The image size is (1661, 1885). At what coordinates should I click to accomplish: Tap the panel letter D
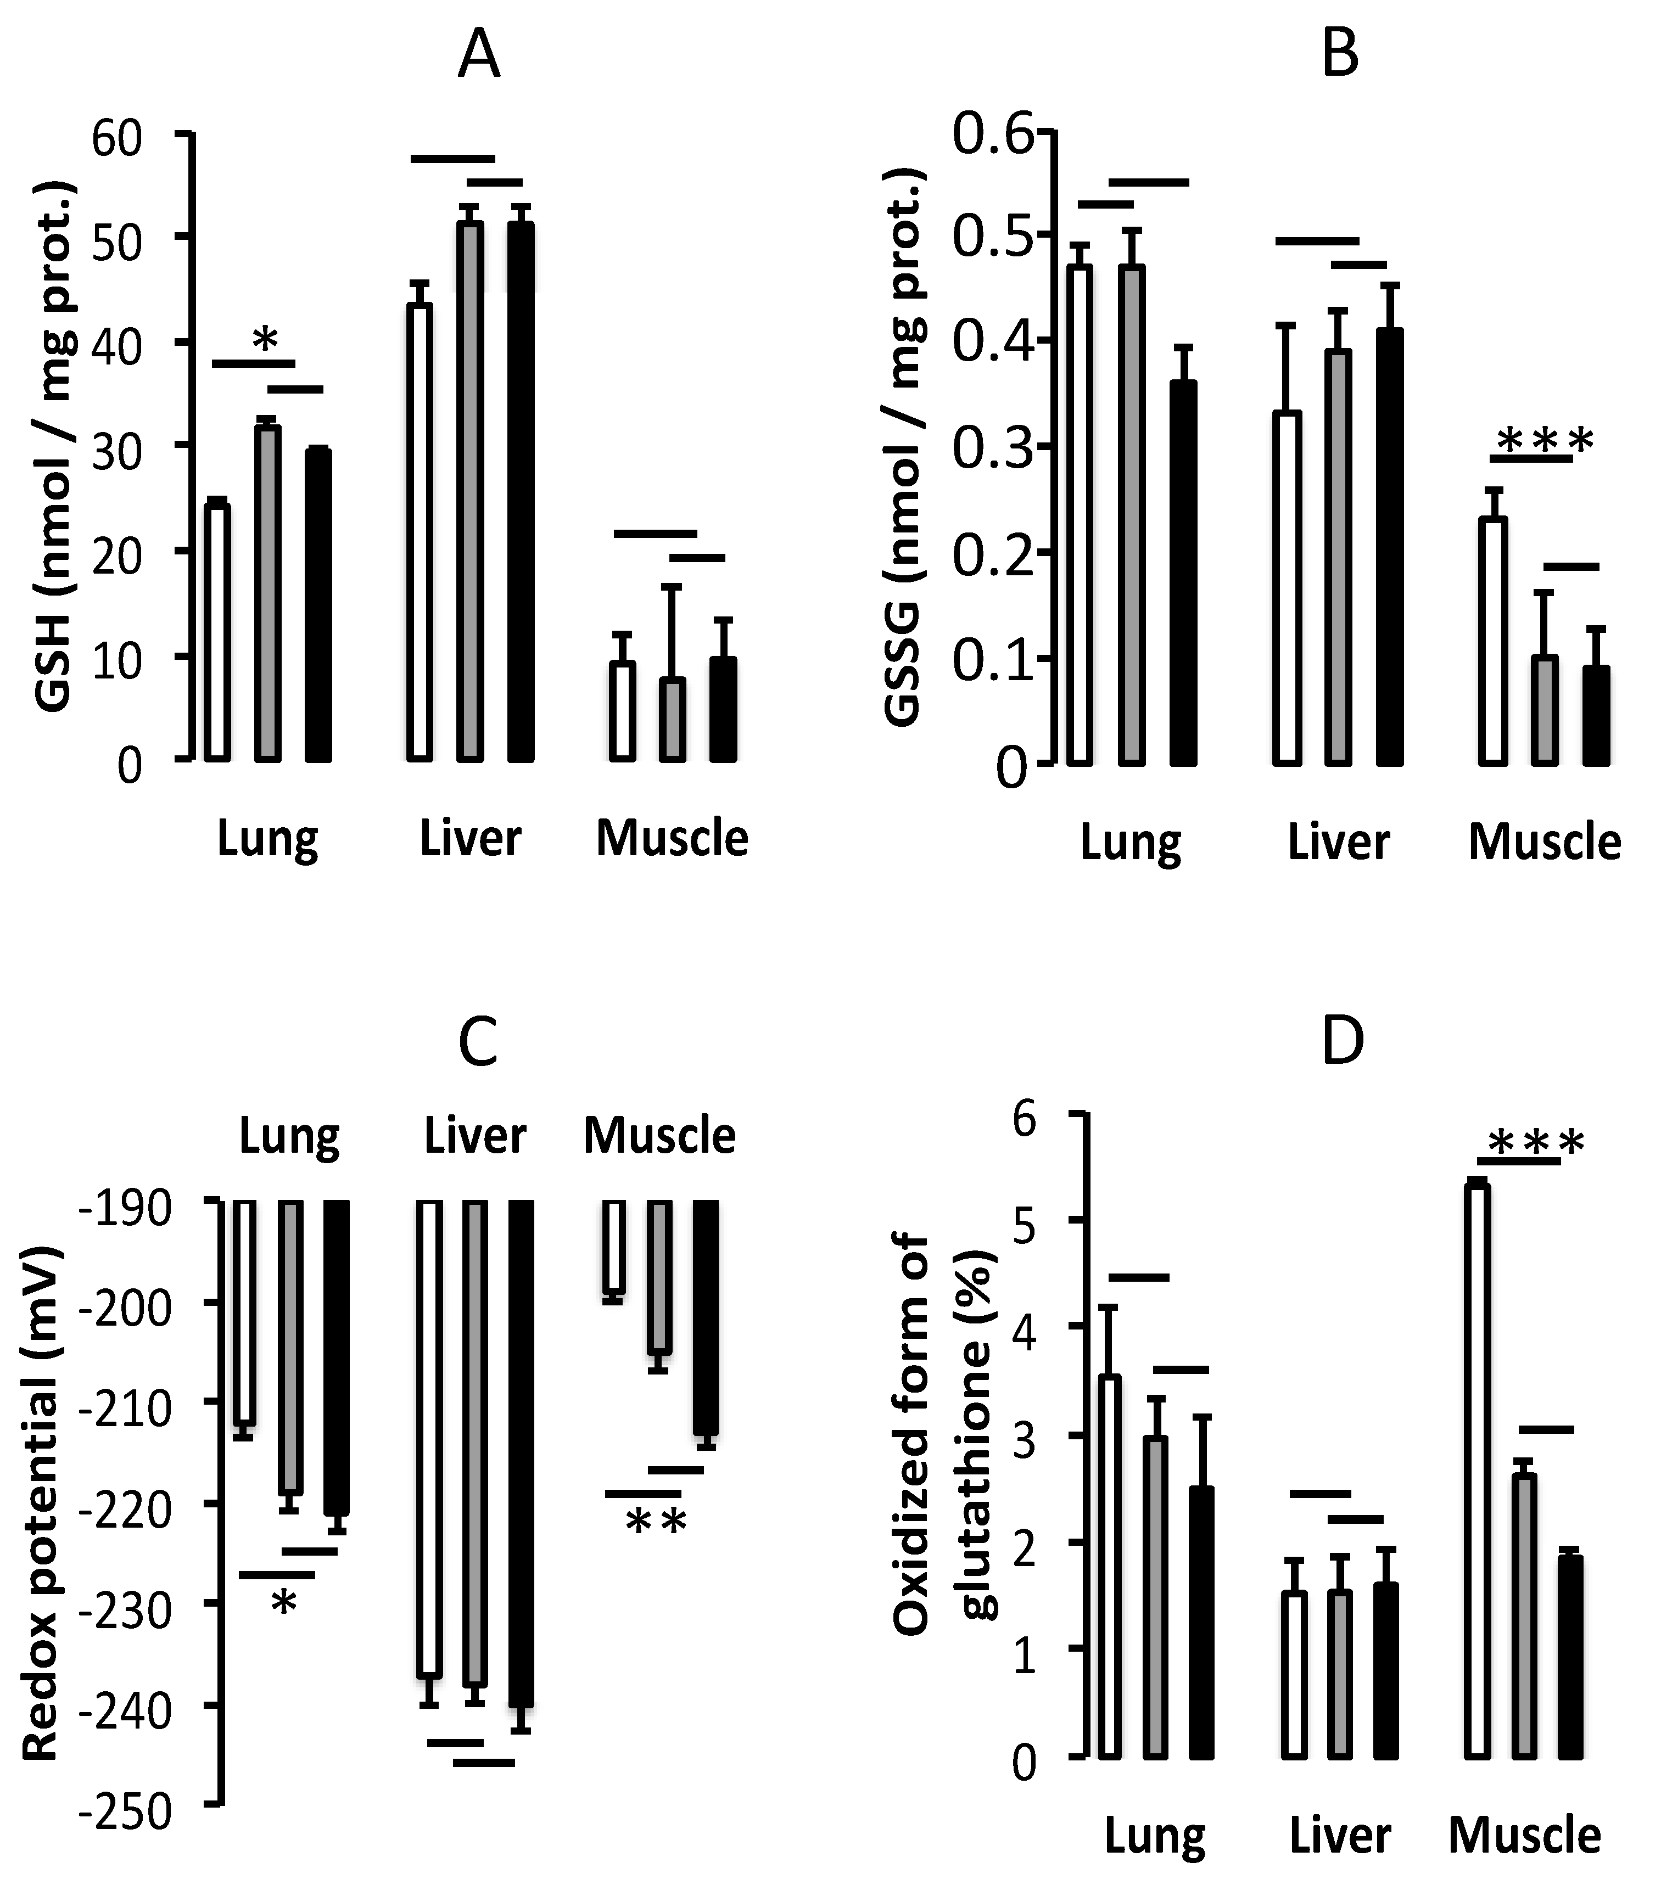coord(1342,1041)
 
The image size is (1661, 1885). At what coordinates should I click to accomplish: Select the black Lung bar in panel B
coord(1183,573)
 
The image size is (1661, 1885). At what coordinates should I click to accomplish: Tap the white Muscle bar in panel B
coord(1493,641)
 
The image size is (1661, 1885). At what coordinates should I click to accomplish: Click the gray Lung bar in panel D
coord(1156,1595)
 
